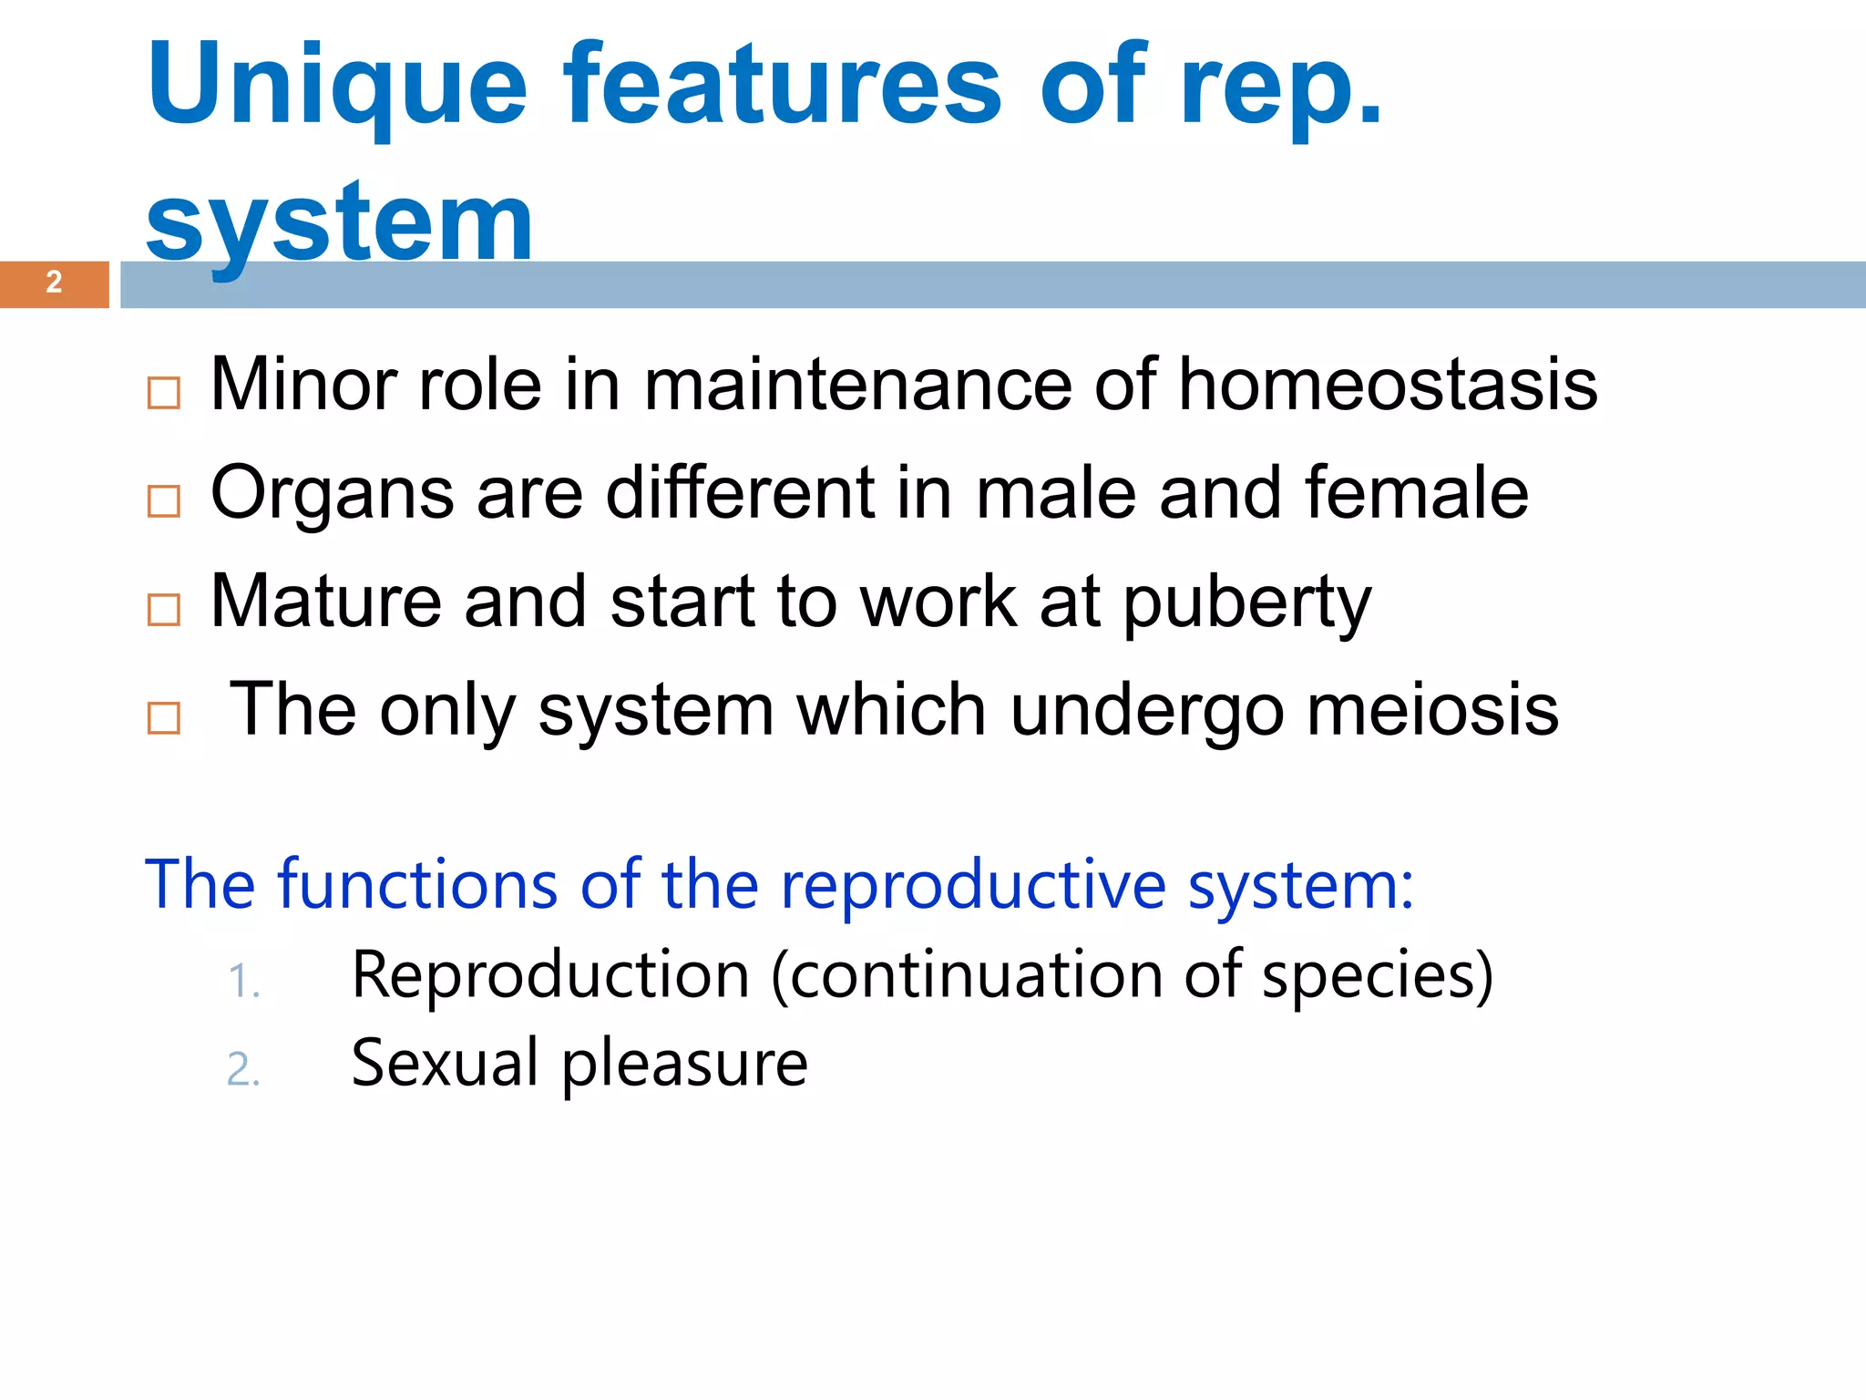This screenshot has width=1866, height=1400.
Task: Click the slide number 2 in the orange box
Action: [54, 283]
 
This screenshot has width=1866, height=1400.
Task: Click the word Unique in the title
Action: [337, 87]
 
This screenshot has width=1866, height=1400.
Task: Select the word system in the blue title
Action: [339, 223]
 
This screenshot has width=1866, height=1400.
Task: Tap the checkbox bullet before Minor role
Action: [164, 394]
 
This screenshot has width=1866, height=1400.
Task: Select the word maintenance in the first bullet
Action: [857, 385]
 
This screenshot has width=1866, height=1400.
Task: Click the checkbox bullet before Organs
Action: [164, 501]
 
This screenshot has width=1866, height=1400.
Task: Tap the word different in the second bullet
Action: [739, 493]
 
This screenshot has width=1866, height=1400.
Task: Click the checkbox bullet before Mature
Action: [164, 610]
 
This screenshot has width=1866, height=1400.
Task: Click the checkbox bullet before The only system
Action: [164, 718]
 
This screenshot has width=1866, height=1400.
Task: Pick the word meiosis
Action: [1432, 710]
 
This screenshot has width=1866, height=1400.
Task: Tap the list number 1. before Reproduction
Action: [243, 983]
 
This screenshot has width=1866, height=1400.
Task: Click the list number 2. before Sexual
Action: [243, 1070]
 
